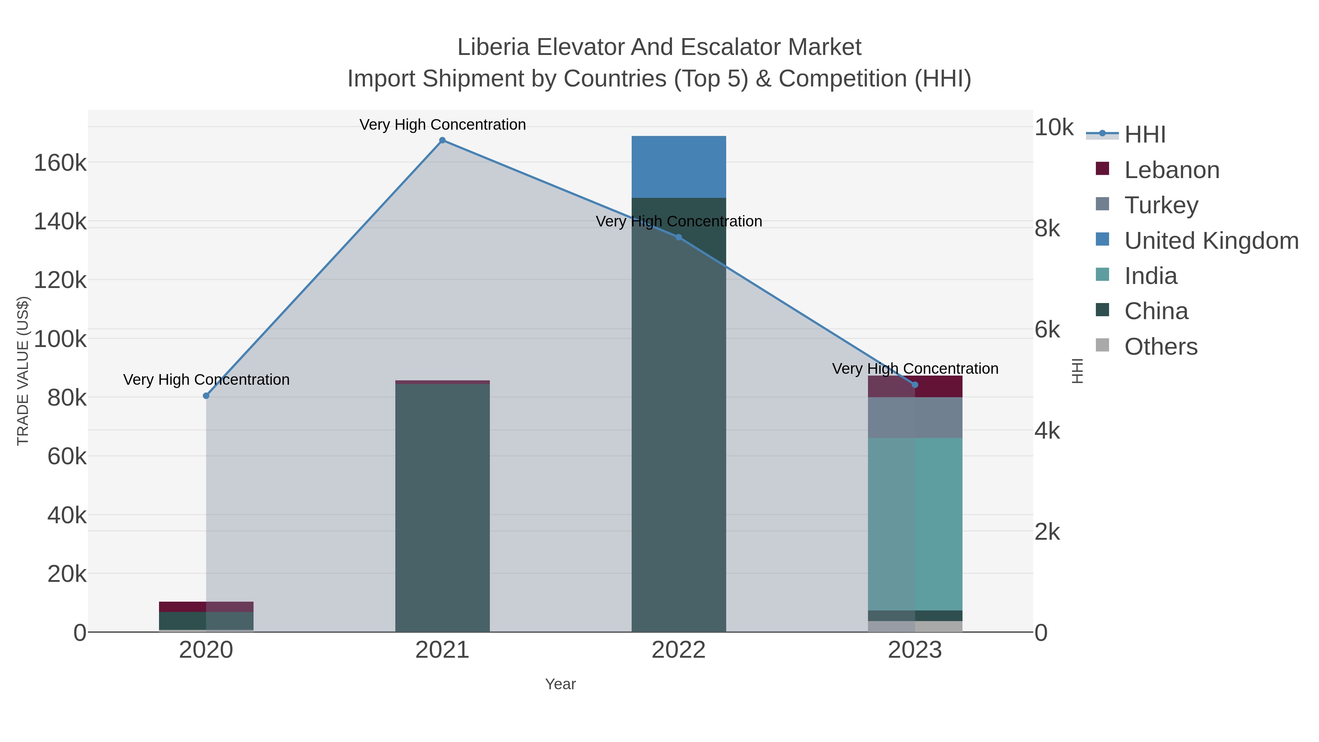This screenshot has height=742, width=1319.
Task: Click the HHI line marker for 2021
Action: (442, 140)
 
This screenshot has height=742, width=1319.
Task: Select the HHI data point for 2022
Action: (679, 237)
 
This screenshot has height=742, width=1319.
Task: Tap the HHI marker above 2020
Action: (206, 396)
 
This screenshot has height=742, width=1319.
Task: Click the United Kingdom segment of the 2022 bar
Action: (679, 167)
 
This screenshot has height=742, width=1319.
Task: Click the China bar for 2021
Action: (442, 507)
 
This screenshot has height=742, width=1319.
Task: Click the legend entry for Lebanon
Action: (1172, 170)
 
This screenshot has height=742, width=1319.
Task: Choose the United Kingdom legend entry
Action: (1211, 241)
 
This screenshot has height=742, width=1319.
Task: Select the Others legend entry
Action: (1160, 347)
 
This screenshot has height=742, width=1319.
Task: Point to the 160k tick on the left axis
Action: (60, 163)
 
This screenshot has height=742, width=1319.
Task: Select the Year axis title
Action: (560, 684)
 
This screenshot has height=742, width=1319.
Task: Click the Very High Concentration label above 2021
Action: (442, 125)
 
